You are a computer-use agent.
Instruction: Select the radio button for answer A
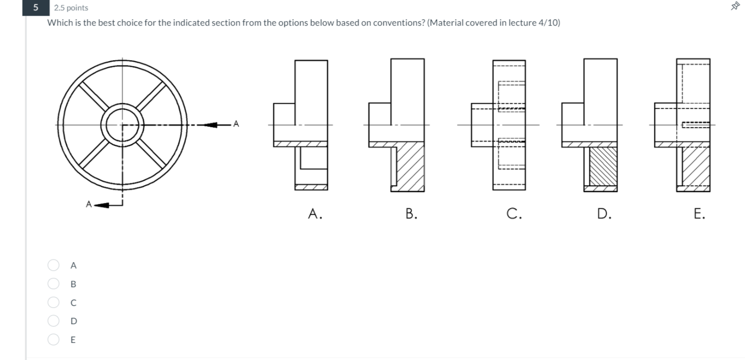pyautogui.click(x=54, y=265)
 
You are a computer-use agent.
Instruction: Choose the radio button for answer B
pyautogui.click(x=54, y=284)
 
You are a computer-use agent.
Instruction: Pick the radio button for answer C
pyautogui.click(x=54, y=302)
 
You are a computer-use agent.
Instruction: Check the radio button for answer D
pyautogui.click(x=54, y=321)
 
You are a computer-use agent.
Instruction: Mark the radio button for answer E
pyautogui.click(x=54, y=339)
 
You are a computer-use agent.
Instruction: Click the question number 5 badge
pyautogui.click(x=35, y=7)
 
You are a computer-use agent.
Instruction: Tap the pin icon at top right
pyautogui.click(x=736, y=6)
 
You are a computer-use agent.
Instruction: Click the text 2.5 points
pyautogui.click(x=71, y=8)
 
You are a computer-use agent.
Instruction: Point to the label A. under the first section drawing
pyautogui.click(x=315, y=213)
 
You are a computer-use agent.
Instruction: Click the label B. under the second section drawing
pyautogui.click(x=410, y=213)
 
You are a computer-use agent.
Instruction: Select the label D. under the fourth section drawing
pyautogui.click(x=604, y=213)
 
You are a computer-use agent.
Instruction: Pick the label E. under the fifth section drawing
pyautogui.click(x=699, y=213)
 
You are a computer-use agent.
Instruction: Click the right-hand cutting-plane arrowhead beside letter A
pyautogui.click(x=211, y=125)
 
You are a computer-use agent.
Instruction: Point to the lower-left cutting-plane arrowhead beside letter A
pyautogui.click(x=101, y=204)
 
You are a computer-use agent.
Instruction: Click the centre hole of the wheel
pyautogui.click(x=123, y=125)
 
